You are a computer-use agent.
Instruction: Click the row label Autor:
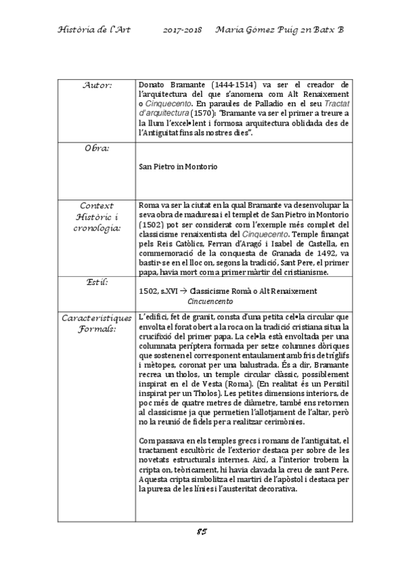[96, 86]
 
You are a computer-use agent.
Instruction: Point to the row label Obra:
[96, 146]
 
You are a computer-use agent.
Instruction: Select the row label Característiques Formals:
[96, 321]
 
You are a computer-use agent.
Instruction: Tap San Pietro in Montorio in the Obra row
[178, 166]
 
